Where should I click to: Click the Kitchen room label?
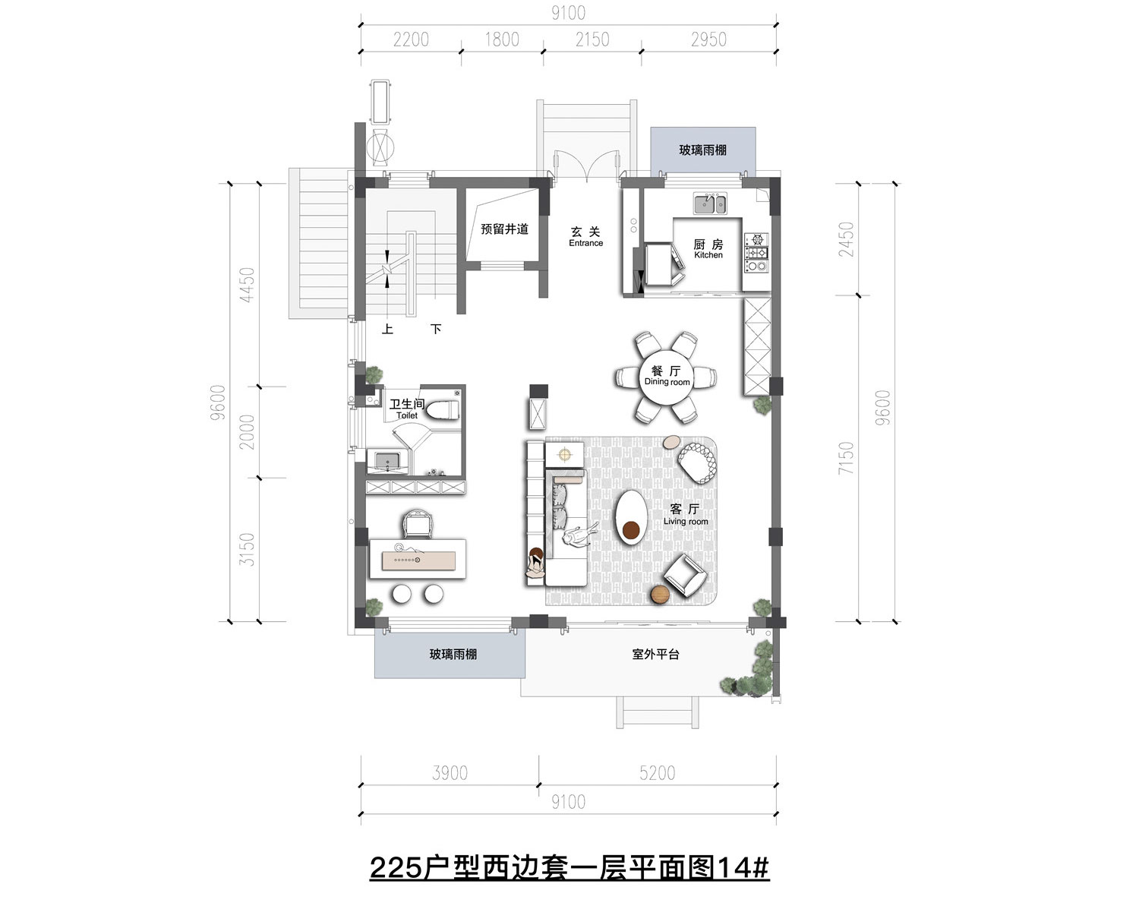(x=708, y=248)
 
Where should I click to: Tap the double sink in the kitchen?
(x=710, y=204)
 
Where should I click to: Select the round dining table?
(x=667, y=377)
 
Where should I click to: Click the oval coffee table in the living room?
(x=632, y=517)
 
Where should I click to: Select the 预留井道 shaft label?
(x=504, y=229)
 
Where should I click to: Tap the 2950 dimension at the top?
(x=708, y=39)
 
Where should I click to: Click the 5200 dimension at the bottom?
(x=658, y=773)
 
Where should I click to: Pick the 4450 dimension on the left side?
(x=247, y=285)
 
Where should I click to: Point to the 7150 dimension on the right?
(x=847, y=457)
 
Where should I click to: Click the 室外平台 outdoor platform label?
(x=655, y=654)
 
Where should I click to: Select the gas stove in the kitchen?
(x=756, y=253)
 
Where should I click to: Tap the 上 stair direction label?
(x=387, y=330)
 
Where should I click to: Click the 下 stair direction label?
(x=436, y=330)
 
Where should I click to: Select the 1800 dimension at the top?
(x=502, y=39)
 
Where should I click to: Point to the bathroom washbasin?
(x=388, y=462)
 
